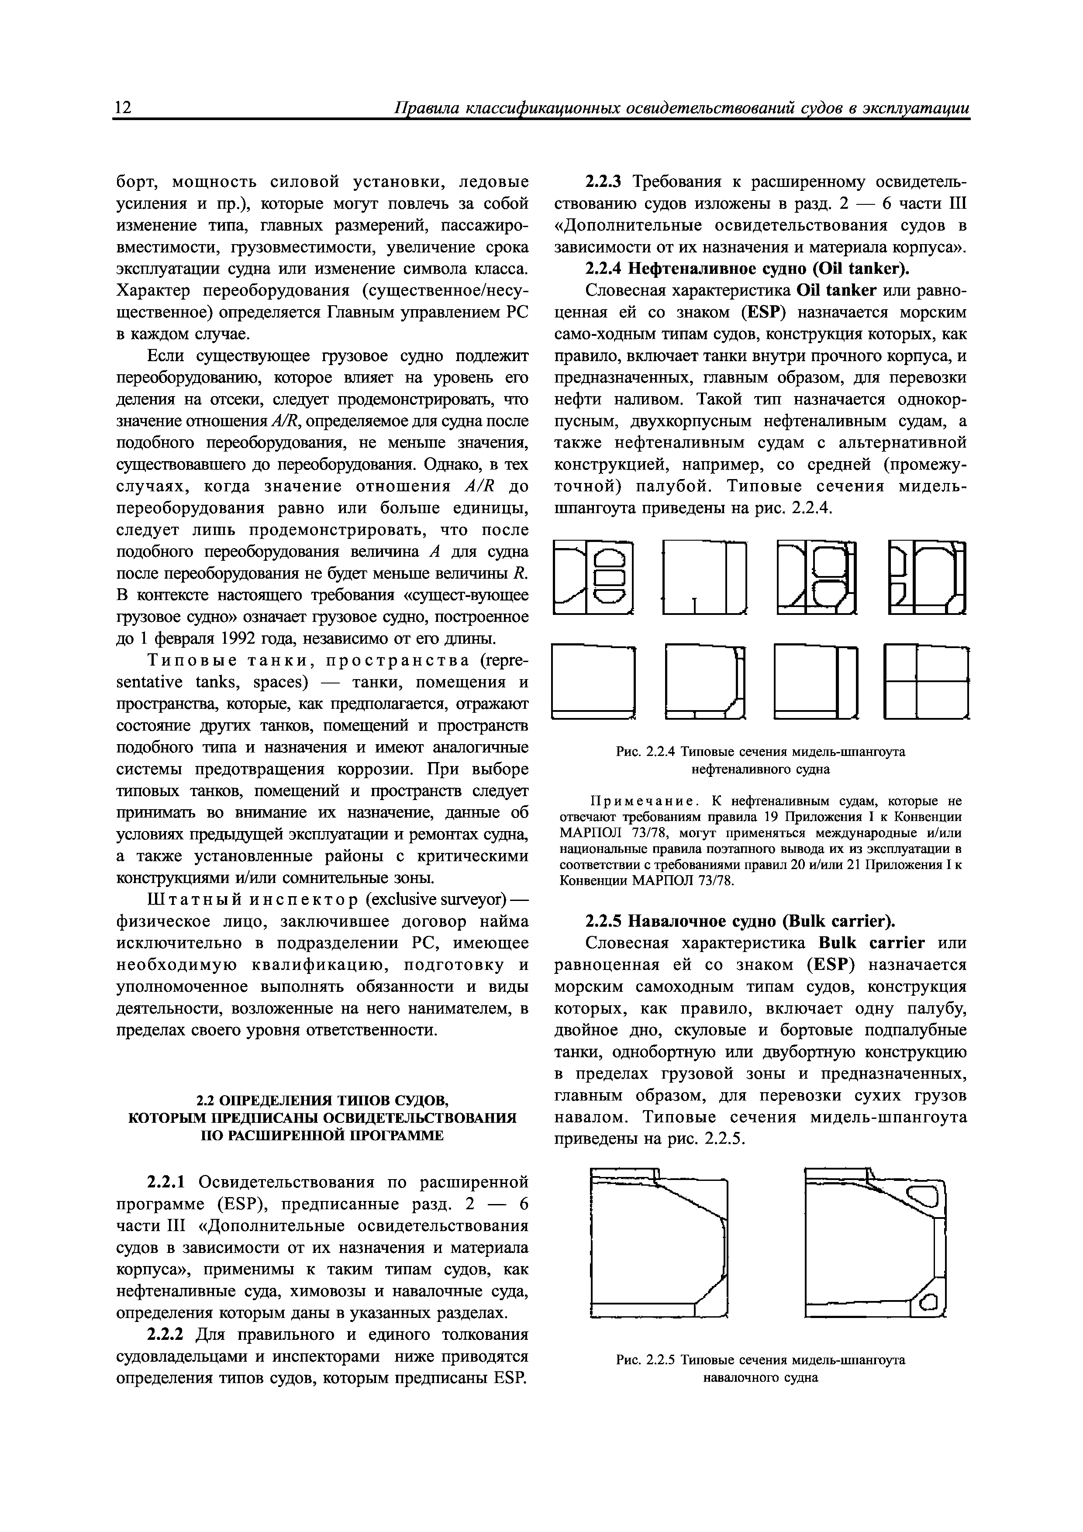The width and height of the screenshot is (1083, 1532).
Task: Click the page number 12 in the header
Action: pyautogui.click(x=123, y=109)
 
